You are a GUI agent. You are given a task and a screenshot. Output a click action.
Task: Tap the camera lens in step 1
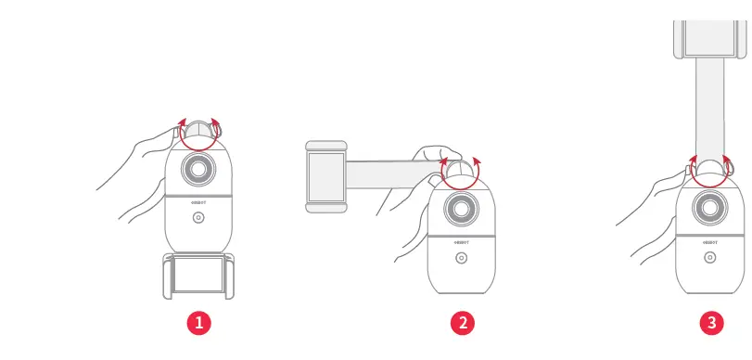coord(198,170)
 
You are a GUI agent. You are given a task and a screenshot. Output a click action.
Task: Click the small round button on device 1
coord(198,218)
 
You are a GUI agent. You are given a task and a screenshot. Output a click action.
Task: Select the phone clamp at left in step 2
coord(326,175)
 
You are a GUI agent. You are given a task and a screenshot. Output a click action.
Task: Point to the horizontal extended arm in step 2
coord(389,173)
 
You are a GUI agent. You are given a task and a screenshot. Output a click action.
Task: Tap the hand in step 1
coord(139,162)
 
